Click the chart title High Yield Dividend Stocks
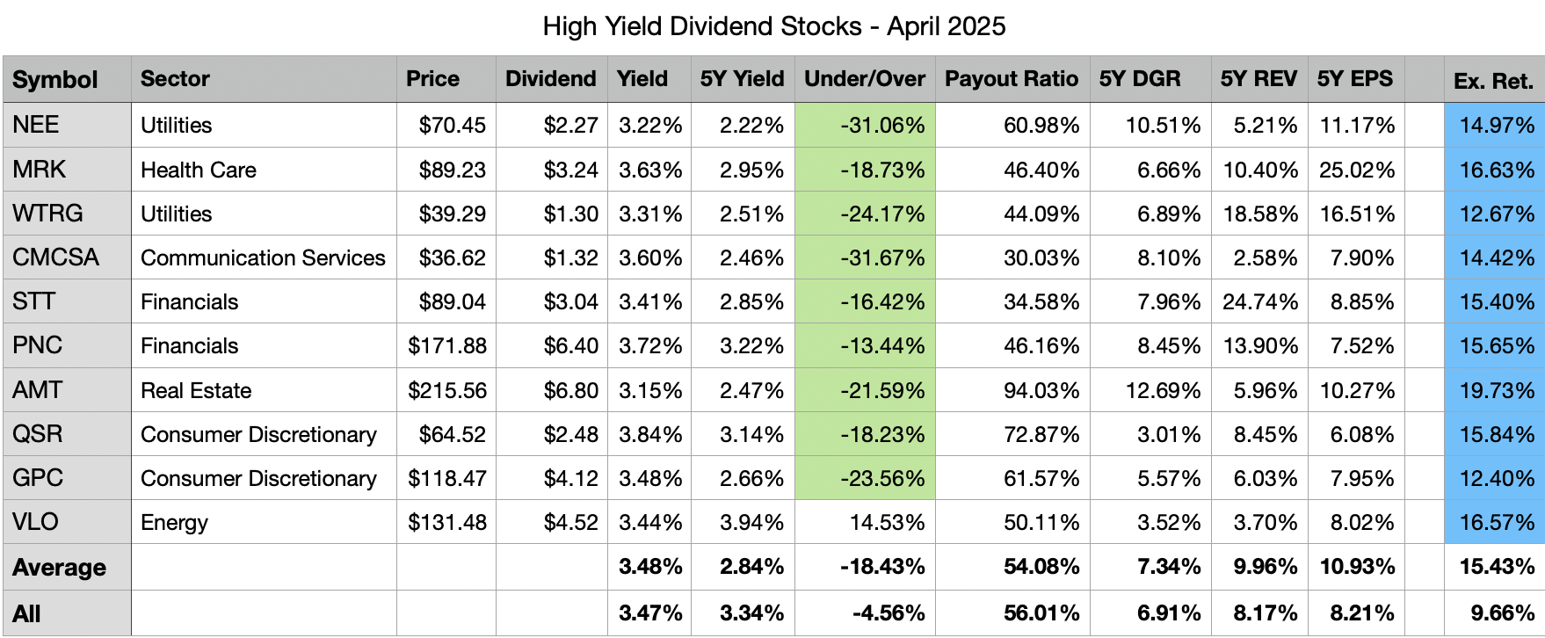(x=773, y=26)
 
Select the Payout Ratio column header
(x=1011, y=79)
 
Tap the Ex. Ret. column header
(x=1493, y=81)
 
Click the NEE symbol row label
(x=36, y=125)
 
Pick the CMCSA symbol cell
(x=55, y=257)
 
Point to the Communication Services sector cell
(x=263, y=257)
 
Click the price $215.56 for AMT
(x=446, y=390)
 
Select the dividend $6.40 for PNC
(x=570, y=345)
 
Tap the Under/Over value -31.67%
(x=882, y=257)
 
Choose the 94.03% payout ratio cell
(x=1041, y=390)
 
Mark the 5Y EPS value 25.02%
(x=1356, y=170)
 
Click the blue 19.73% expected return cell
(x=1496, y=390)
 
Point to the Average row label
(x=59, y=568)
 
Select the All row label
(x=26, y=613)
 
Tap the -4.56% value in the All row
(x=888, y=613)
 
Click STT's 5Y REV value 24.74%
(x=1259, y=301)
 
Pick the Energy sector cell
(x=174, y=522)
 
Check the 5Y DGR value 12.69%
(x=1163, y=390)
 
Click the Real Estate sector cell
(x=196, y=390)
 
